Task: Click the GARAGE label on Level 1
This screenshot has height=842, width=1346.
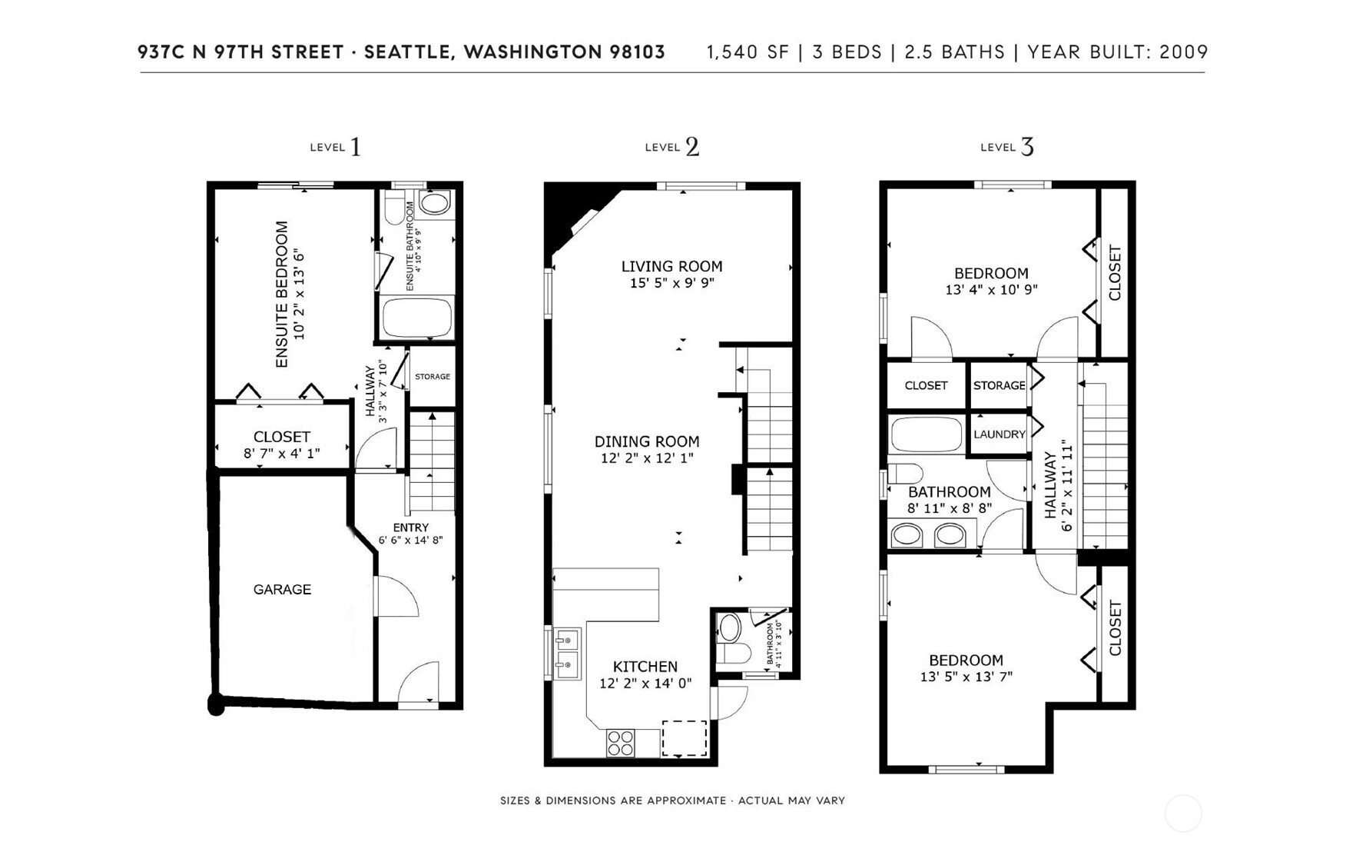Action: pos(282,590)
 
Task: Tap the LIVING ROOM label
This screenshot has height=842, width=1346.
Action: pos(671,267)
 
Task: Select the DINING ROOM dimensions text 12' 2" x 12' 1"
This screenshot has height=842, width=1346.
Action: pos(647,458)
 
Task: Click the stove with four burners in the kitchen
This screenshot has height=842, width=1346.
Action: pos(621,743)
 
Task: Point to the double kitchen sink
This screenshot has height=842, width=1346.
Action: pos(567,652)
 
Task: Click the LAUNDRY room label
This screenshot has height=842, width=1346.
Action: pos(999,434)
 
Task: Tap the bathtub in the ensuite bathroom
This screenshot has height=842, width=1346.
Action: pos(417,318)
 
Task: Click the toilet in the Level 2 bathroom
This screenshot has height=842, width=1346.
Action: pos(730,641)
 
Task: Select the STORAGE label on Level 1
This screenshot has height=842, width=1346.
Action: pos(433,377)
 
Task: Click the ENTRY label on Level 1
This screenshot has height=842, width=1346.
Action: pos(410,527)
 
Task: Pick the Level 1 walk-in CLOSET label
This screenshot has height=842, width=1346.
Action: pos(281,437)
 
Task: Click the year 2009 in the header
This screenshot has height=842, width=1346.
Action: pos(1183,52)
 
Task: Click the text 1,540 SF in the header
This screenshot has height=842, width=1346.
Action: pos(748,52)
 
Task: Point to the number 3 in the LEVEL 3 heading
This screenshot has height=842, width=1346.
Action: pos(1027,147)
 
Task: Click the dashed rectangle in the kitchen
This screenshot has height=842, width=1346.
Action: pos(685,738)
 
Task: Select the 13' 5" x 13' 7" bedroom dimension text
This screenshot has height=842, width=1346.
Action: pos(966,677)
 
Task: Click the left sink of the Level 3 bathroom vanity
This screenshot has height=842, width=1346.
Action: pos(907,535)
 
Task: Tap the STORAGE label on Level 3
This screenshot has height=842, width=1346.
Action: pos(999,385)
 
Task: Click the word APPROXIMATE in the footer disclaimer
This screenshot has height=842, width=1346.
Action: pos(686,800)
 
